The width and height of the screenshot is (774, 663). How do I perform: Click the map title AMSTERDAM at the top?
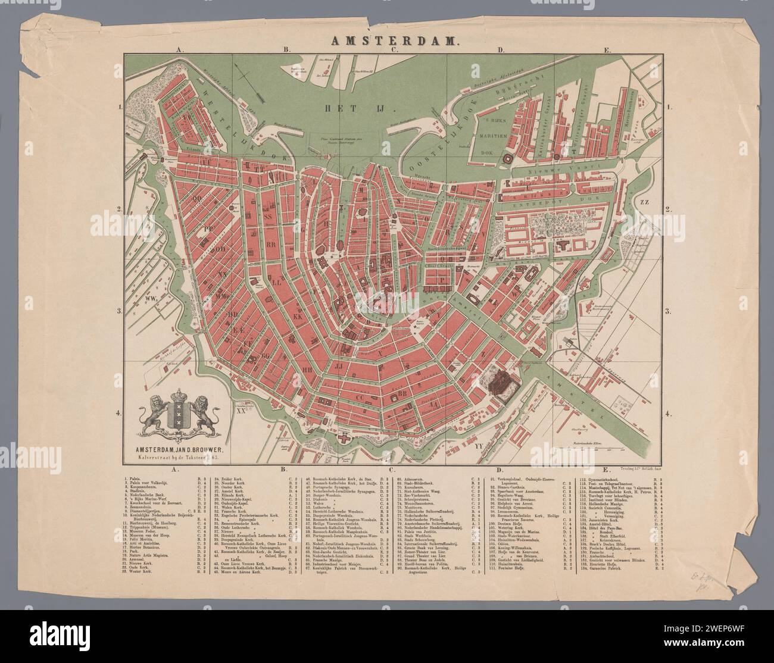[388, 42]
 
